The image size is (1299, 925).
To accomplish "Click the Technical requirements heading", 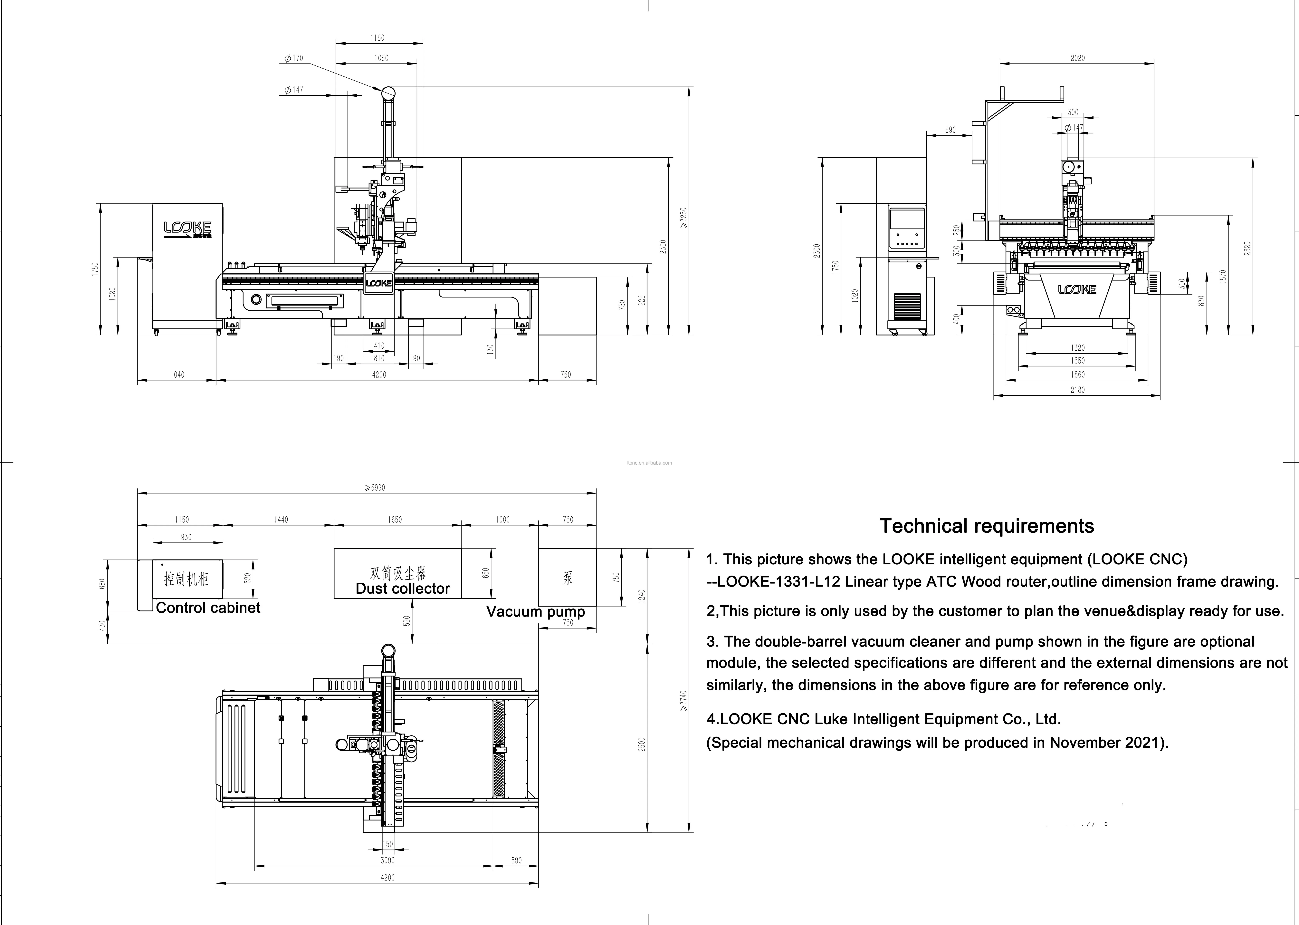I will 987,526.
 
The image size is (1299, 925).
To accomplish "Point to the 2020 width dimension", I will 1077,58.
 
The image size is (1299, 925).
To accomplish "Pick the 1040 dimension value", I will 177,375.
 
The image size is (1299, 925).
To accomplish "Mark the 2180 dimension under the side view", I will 1077,390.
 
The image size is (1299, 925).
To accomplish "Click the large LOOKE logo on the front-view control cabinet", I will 187,228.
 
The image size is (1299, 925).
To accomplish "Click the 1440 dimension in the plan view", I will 281,520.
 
